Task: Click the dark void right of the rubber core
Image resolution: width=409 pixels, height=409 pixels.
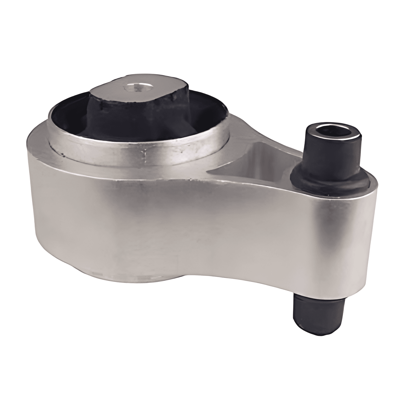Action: pos(210,116)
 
